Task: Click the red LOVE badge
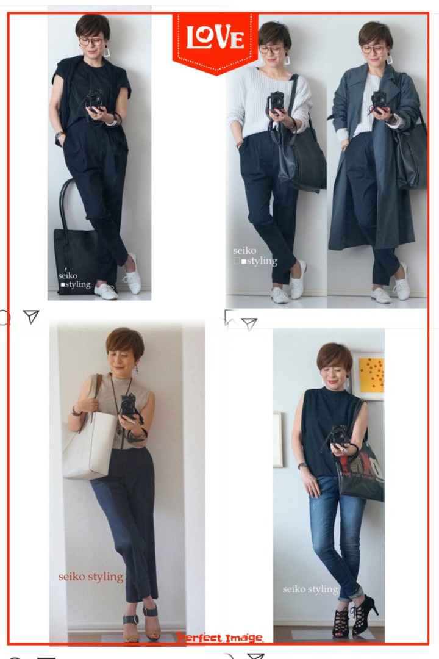[x=215, y=42]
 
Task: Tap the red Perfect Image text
[x=220, y=638]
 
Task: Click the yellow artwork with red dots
[x=371, y=375]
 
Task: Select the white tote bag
[x=89, y=445]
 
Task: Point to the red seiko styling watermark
[x=91, y=577]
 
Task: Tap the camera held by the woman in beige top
[x=128, y=406]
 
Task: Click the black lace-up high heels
[x=355, y=616]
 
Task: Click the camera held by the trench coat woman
[x=379, y=101]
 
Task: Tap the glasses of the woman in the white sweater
[x=269, y=49]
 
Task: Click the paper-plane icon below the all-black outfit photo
[x=31, y=317]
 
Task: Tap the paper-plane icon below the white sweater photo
[x=249, y=323]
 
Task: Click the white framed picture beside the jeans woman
[x=278, y=439]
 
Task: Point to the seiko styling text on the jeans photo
[x=310, y=589]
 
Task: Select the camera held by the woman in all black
[x=95, y=99]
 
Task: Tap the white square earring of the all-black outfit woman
[x=107, y=52]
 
